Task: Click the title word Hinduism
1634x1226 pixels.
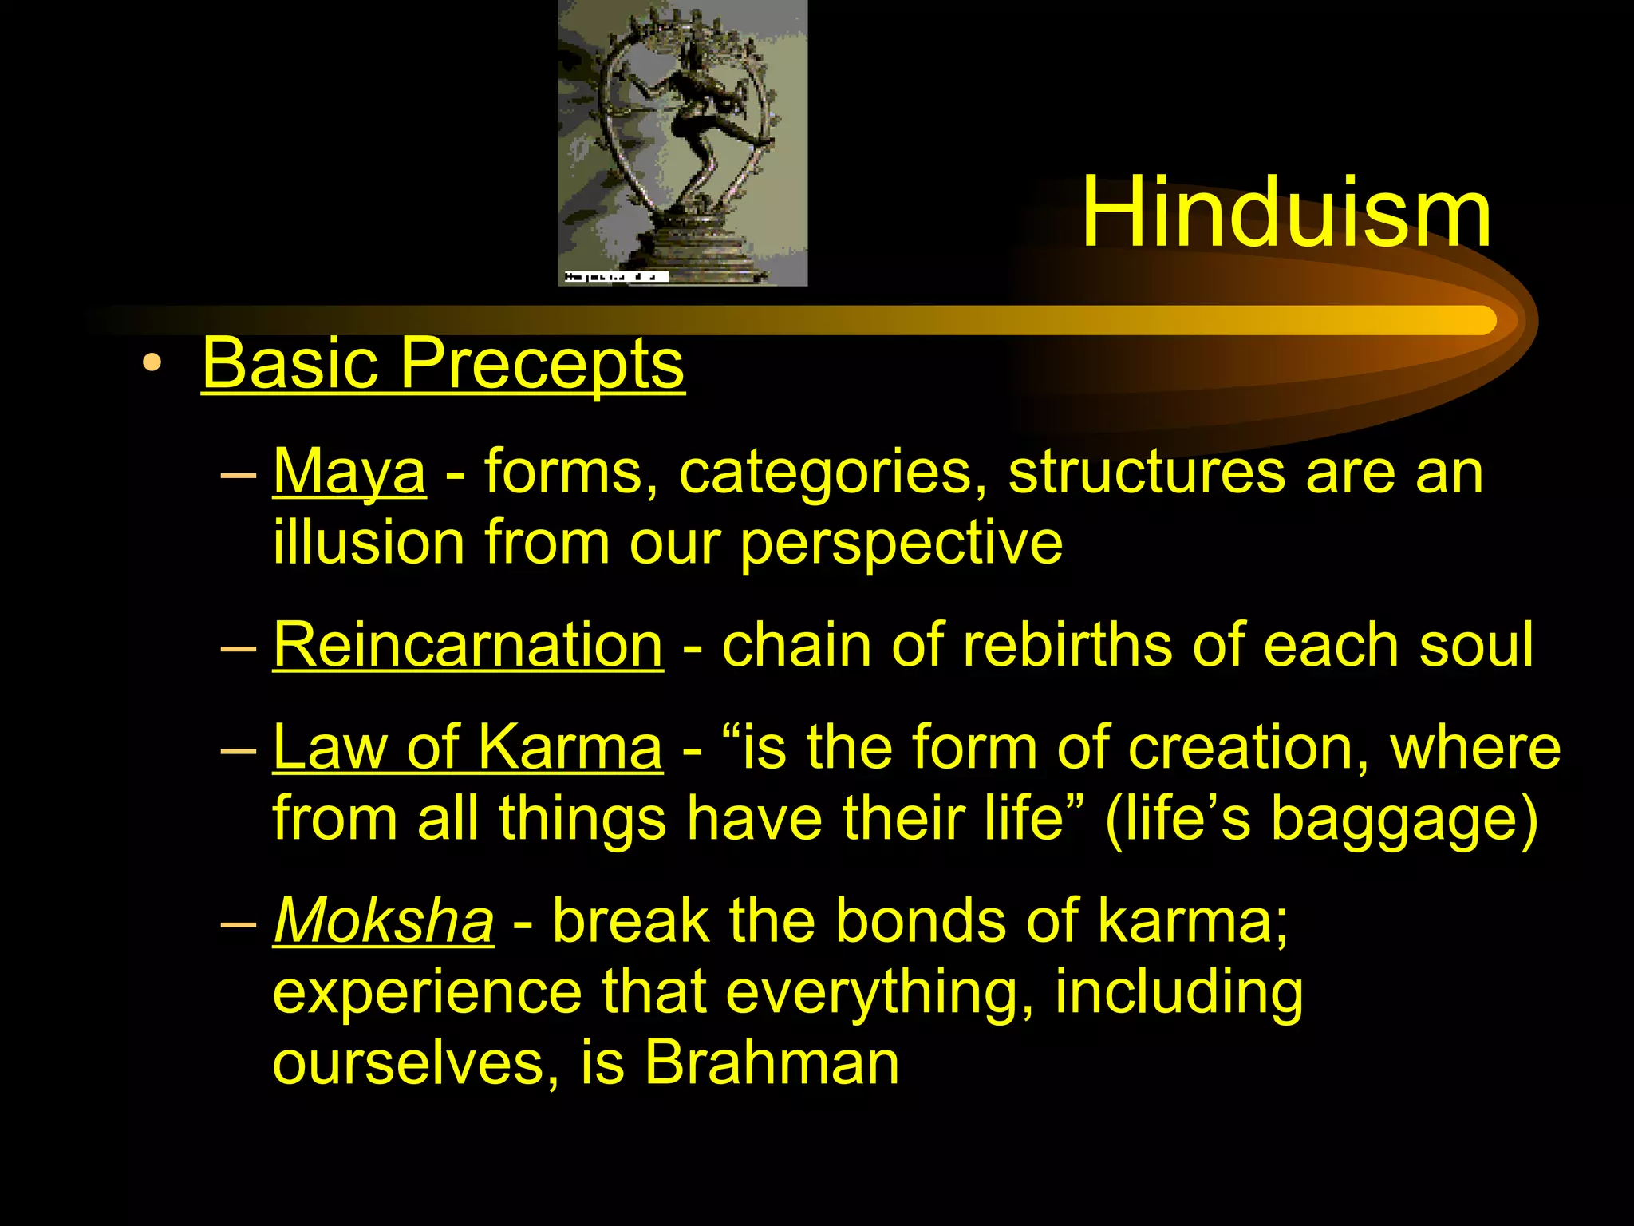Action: pyautogui.click(x=1285, y=214)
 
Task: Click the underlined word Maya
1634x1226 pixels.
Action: pyautogui.click(x=349, y=473)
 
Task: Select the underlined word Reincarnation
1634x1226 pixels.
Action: pyautogui.click(x=468, y=645)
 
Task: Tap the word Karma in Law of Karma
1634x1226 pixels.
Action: pyautogui.click(x=570, y=748)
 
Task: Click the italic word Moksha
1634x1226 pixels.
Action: pyautogui.click(x=383, y=921)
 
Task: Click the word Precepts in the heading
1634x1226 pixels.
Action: pyautogui.click(x=542, y=363)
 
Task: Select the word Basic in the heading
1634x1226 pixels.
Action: pyautogui.click(x=290, y=363)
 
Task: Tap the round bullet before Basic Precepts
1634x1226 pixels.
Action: pyautogui.click(x=152, y=365)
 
